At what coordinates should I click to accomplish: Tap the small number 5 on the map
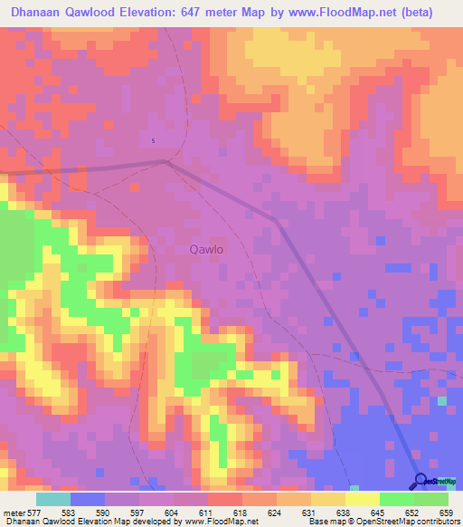coord(153,140)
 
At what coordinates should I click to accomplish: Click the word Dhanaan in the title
coord(41,13)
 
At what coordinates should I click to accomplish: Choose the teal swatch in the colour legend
coord(53,500)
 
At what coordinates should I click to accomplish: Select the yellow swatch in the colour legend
coord(363,500)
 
